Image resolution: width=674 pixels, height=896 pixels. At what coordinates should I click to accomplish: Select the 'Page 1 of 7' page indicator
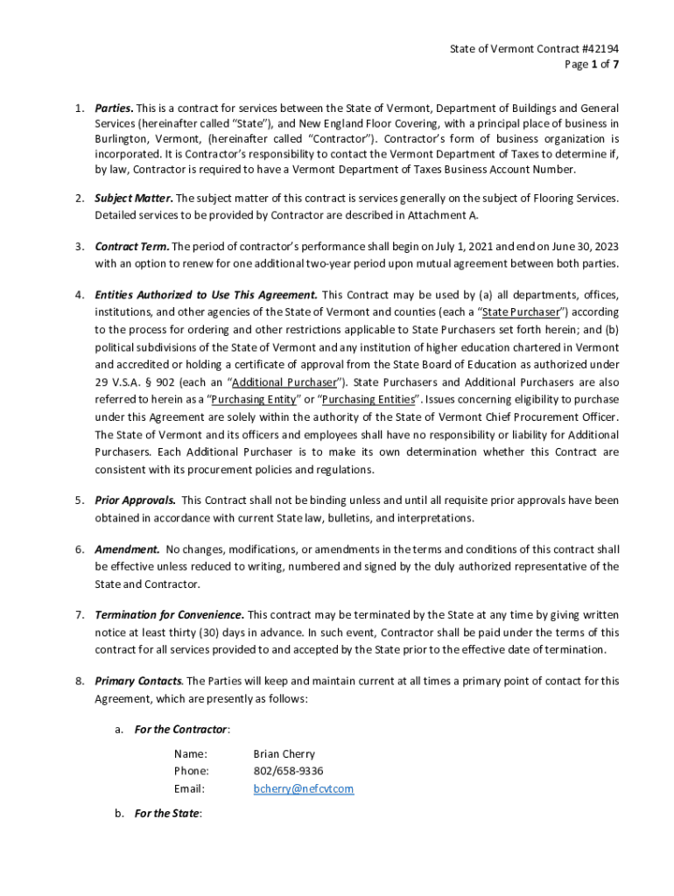[593, 65]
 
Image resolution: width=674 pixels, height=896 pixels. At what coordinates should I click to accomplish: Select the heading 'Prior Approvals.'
[135, 500]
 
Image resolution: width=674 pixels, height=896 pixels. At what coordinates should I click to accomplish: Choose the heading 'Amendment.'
[127, 549]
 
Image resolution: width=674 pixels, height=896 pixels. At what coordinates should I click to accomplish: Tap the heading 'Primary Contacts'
[138, 681]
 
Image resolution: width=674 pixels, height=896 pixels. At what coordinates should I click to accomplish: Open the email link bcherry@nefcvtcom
[303, 789]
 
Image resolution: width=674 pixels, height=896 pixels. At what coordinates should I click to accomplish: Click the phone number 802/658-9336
[288, 771]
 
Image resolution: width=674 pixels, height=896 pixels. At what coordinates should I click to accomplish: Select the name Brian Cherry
[284, 753]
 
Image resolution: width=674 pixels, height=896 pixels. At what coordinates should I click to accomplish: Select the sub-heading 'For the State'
[166, 814]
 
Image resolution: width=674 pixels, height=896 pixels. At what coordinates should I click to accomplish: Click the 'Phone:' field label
[191, 771]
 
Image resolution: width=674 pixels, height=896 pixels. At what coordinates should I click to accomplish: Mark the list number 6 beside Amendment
[78, 549]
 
